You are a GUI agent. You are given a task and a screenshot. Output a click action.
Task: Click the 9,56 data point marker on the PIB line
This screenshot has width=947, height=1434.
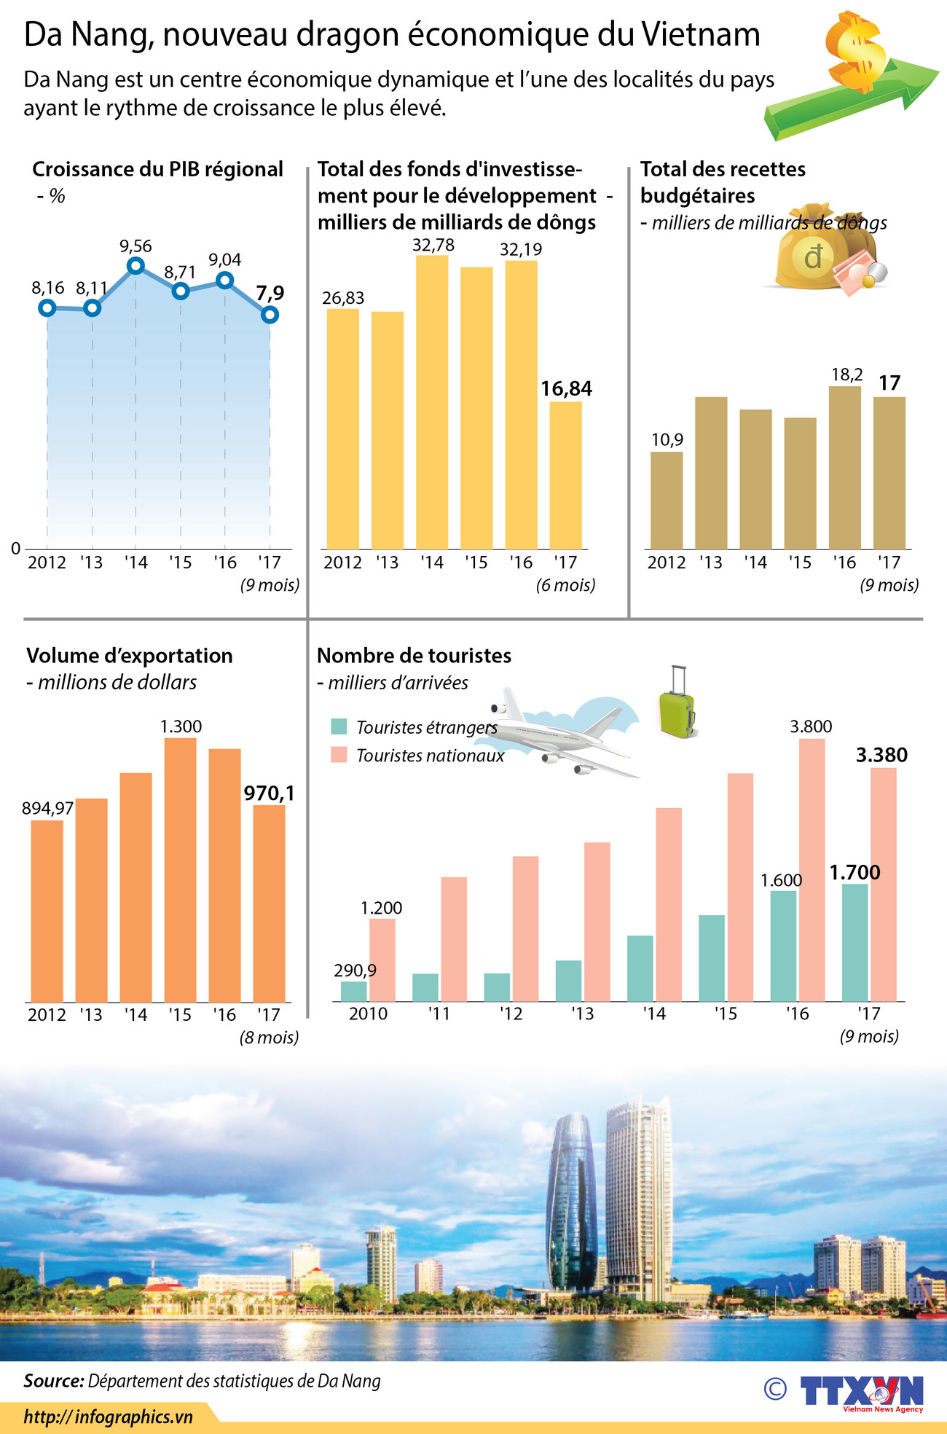coord(135,266)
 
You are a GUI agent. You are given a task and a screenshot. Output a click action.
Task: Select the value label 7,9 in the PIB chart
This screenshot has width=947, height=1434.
coord(270,293)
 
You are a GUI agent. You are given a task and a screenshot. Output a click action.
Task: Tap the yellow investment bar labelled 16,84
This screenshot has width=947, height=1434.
coord(565,475)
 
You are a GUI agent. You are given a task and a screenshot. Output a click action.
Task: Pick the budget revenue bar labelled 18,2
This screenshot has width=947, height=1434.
coord(844,467)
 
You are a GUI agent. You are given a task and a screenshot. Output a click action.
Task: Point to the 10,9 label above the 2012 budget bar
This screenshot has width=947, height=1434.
coord(667,439)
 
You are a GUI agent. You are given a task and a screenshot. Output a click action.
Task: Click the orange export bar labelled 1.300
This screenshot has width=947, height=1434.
coord(180,869)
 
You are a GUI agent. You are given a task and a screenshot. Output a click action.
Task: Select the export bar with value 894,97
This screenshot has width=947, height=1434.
coord(47,911)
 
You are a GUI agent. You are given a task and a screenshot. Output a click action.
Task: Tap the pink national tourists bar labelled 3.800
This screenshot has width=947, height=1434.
coord(812,869)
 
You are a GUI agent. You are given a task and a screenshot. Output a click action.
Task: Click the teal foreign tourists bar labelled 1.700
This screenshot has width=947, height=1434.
coord(854,942)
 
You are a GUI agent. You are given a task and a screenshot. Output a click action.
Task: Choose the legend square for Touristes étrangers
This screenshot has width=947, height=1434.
coord(338,726)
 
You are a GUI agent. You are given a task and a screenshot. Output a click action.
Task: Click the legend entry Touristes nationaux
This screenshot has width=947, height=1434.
coord(430,756)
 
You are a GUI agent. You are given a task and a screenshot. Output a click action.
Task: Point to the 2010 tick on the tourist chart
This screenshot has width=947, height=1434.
coord(368,1014)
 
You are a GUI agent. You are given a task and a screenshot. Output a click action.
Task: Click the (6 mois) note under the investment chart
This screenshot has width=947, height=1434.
coord(565,585)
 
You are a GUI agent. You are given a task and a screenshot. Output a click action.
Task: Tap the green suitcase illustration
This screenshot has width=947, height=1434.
coord(677,704)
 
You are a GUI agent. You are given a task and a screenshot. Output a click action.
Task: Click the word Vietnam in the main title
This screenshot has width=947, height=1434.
coord(701,35)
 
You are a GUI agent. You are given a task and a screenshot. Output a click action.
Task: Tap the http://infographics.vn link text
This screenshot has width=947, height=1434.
coord(109,1417)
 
